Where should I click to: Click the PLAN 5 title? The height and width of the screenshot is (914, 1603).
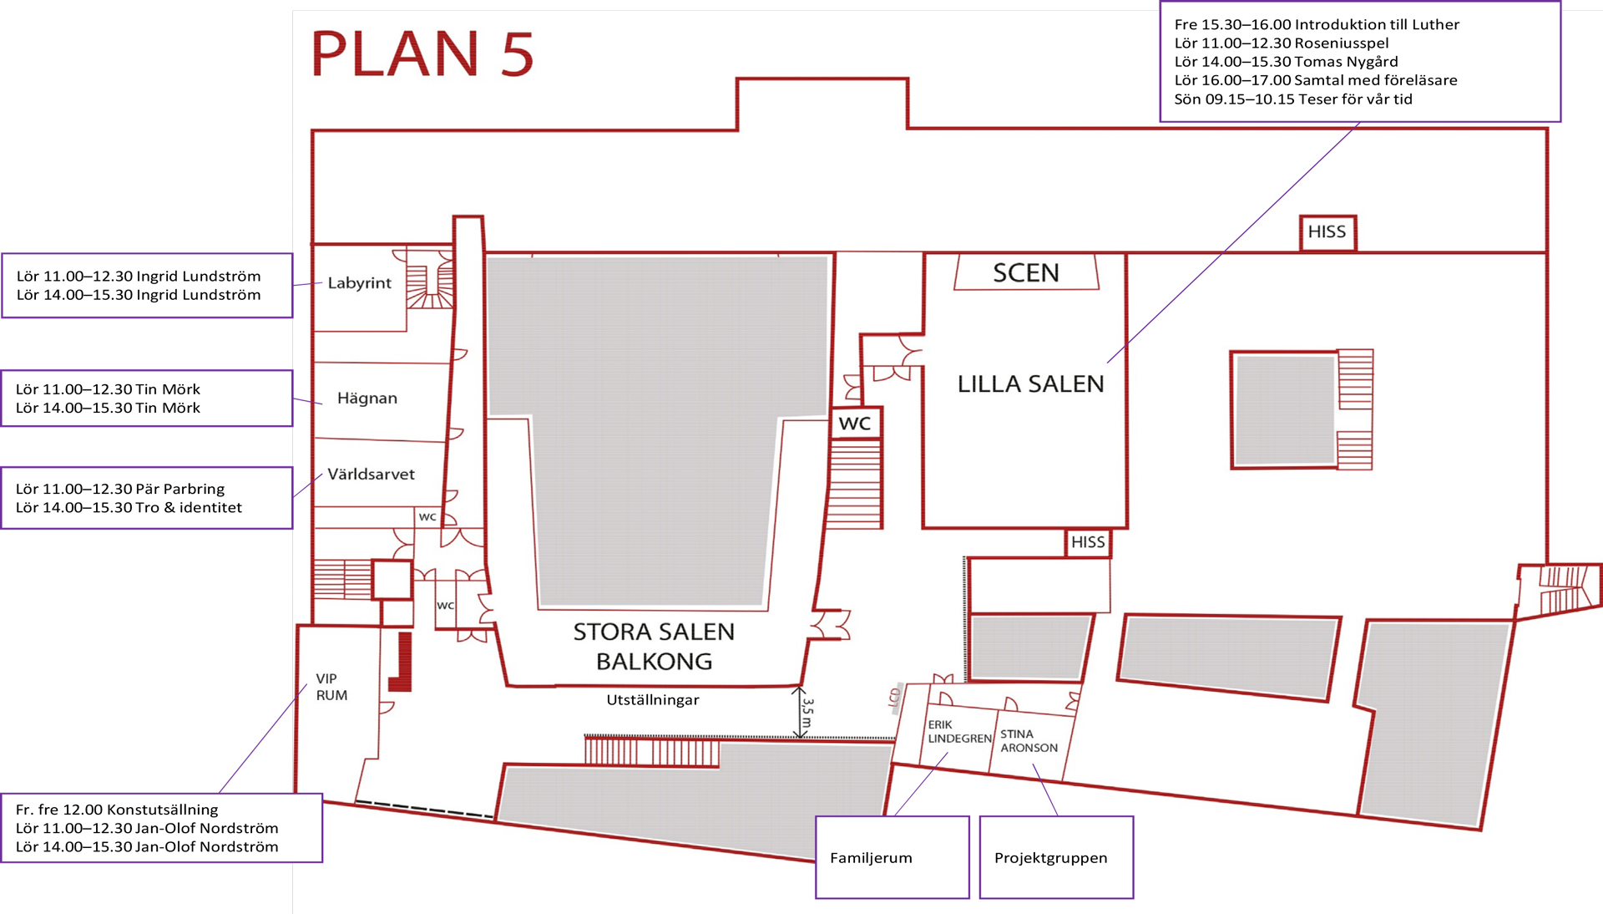point(422,54)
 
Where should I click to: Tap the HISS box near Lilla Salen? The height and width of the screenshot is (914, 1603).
point(1088,542)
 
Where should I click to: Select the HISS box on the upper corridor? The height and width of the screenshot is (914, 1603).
point(1327,232)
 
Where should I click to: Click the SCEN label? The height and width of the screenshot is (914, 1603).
point(1026,273)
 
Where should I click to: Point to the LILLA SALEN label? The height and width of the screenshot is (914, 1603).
point(1030,384)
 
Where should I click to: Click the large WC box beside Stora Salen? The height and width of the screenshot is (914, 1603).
point(855,424)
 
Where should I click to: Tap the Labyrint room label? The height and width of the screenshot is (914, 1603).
point(359,283)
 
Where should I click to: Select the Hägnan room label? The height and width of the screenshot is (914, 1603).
point(367,399)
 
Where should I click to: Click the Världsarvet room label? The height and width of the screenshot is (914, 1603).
point(371,475)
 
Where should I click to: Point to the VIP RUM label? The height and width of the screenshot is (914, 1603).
point(331,687)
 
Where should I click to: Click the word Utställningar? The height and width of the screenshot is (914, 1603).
point(653,700)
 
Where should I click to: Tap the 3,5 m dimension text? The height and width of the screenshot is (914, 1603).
point(807,715)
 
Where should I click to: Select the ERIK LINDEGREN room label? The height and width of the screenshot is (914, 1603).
point(959,732)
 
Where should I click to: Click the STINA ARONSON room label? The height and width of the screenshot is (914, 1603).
point(1029,741)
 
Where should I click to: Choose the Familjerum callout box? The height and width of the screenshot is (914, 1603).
point(893,857)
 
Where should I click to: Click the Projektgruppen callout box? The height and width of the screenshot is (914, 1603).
point(1056,857)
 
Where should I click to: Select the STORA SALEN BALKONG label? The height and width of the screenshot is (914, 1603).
point(654,647)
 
